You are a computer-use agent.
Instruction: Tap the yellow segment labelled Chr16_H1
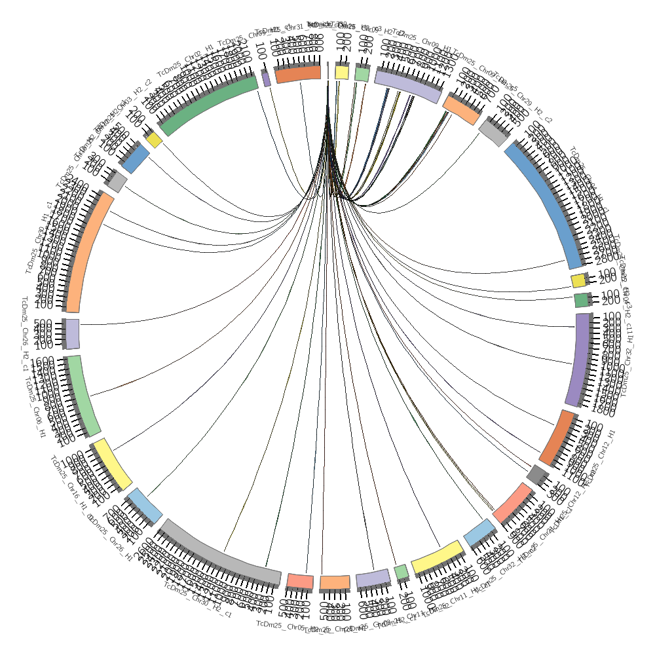click(x=112, y=464)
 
